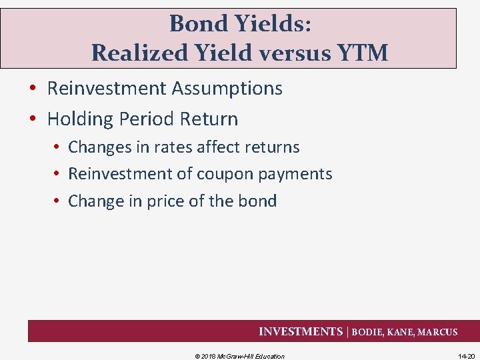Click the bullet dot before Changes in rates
coord(58,147)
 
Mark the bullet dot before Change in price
coord(58,201)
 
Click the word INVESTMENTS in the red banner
coord(300,331)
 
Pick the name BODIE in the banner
coord(368,332)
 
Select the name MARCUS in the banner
coord(437,332)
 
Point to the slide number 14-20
coord(466,356)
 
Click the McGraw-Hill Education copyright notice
coord(239,356)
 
